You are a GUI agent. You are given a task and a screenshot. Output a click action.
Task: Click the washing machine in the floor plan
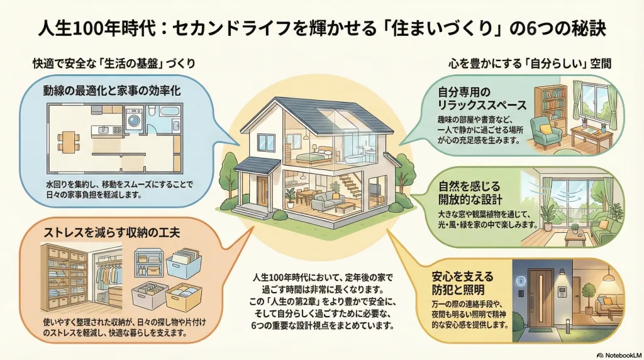click(x=133, y=120)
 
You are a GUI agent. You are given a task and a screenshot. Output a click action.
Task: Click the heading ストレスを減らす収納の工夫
click(x=111, y=233)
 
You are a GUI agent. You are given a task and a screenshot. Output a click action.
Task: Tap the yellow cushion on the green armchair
click(x=545, y=128)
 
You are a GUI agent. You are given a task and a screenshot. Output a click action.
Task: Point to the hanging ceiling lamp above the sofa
click(x=608, y=278)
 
